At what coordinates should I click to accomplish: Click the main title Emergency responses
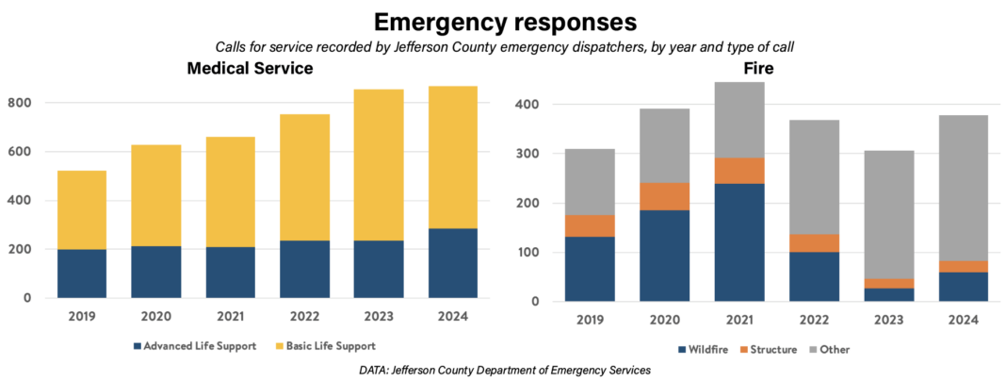pos(503,22)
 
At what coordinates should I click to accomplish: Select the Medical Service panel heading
pos(250,69)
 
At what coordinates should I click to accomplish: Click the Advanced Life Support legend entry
pos(197,346)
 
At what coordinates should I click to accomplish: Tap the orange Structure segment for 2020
pos(664,196)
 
